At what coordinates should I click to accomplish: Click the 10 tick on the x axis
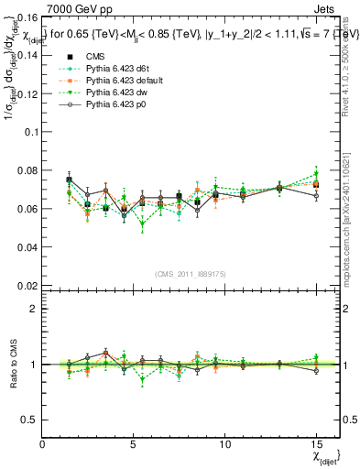click(225, 444)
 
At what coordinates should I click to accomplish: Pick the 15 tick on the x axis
click(316, 444)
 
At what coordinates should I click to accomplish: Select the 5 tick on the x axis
click(134, 444)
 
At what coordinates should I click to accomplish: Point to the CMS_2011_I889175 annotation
click(191, 274)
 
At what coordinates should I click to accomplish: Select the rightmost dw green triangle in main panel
click(316, 173)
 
